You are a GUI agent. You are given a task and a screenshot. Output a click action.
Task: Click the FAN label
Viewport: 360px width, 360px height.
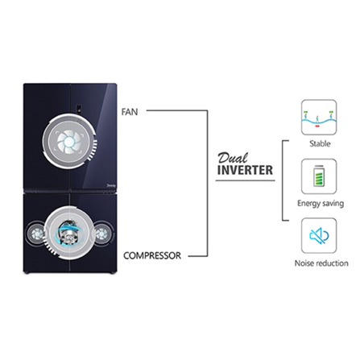click(x=130, y=112)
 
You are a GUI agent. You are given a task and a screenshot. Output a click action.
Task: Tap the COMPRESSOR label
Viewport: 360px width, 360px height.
click(x=152, y=255)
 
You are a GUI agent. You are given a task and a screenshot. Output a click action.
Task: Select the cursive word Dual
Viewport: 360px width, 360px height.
click(x=233, y=158)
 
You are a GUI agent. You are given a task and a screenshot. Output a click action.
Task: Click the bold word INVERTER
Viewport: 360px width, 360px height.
click(x=245, y=170)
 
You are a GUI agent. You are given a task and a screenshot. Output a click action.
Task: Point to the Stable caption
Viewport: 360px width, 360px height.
click(x=320, y=143)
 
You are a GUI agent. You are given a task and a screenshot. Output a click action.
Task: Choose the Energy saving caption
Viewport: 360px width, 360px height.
click(x=321, y=204)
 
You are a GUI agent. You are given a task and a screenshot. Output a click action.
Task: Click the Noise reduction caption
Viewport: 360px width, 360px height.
click(x=321, y=263)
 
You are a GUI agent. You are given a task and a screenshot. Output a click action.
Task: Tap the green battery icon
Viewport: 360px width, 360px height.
click(x=319, y=176)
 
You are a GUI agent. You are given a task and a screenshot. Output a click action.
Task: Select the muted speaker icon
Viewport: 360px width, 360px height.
click(x=319, y=236)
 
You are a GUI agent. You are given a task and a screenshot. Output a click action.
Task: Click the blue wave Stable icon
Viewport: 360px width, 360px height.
click(x=319, y=119)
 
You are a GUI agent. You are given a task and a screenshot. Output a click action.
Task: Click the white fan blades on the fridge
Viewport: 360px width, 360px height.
click(x=69, y=142)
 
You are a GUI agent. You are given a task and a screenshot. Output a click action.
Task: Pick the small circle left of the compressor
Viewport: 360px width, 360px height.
click(x=35, y=234)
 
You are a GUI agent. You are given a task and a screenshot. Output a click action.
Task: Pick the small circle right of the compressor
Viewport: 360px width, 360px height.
click(x=102, y=234)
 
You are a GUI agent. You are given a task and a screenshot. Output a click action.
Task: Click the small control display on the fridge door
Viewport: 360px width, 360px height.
click(x=80, y=108)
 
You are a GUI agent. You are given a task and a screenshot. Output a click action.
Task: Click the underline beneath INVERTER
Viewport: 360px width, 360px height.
click(x=245, y=180)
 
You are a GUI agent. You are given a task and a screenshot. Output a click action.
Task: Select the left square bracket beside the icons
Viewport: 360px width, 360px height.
click(x=283, y=180)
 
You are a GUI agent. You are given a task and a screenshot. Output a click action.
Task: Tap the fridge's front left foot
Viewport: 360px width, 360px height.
click(x=27, y=273)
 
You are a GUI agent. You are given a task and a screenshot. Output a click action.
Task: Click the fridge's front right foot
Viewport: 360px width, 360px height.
click(x=114, y=273)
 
